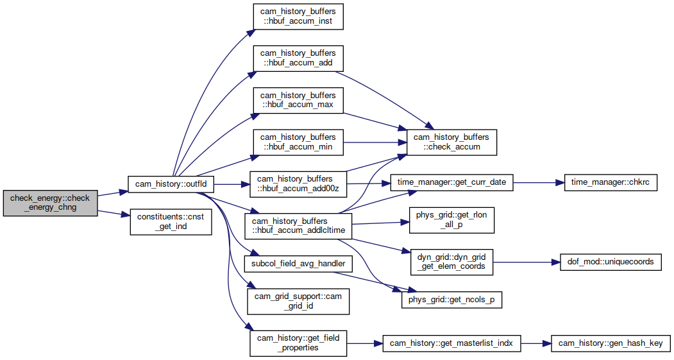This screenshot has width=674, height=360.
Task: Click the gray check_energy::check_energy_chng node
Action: [50, 203]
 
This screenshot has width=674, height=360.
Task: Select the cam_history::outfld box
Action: [171, 184]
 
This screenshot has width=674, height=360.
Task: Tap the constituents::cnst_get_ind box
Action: [171, 222]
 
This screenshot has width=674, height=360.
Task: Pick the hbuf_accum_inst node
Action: [298, 17]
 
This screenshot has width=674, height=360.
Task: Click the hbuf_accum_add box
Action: [298, 58]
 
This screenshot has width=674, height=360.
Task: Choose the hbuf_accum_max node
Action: [298, 100]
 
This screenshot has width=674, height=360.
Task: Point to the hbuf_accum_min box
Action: [298, 142]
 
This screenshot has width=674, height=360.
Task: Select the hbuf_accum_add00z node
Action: [298, 184]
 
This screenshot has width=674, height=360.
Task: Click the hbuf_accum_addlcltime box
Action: [298, 227]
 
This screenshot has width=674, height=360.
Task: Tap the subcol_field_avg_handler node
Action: [298, 264]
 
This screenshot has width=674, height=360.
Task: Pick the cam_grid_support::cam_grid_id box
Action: [298, 302]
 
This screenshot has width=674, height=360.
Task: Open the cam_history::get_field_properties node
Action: [298, 343]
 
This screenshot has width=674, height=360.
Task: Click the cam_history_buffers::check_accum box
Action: [451, 142]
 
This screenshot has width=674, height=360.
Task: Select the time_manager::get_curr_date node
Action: [451, 182]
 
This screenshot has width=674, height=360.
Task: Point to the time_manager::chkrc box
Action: [610, 182]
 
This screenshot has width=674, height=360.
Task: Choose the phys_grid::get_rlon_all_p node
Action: [451, 220]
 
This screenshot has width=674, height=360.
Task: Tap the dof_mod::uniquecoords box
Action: [611, 262]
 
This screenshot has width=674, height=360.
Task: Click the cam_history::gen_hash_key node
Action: [611, 343]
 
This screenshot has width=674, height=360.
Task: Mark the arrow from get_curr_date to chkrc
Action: [538, 182]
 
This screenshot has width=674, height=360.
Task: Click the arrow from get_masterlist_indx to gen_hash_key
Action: [535, 343]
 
